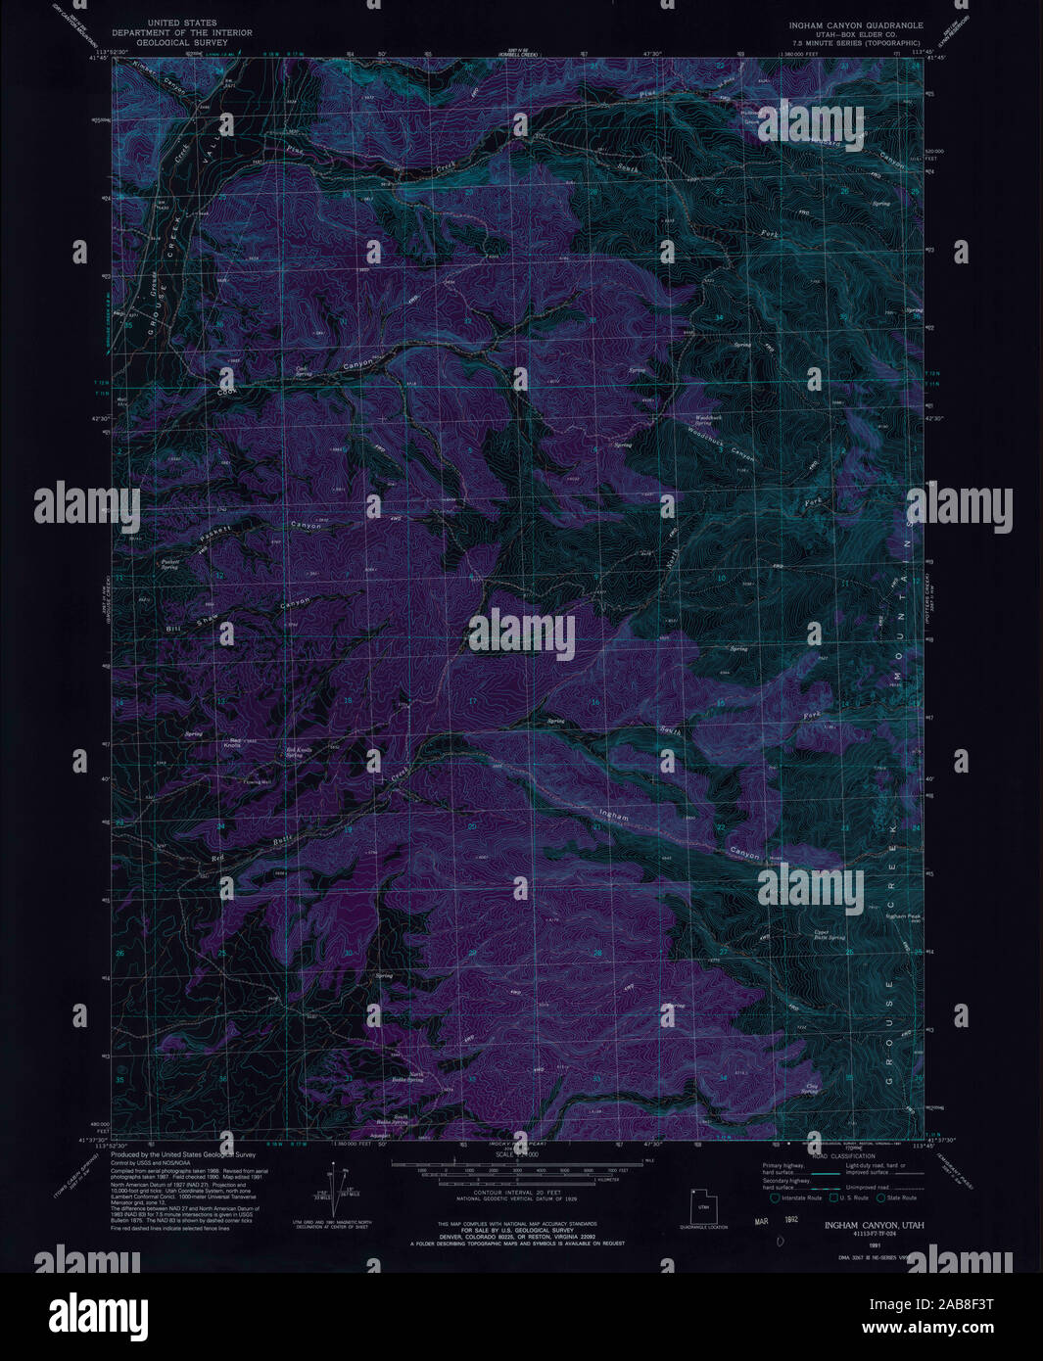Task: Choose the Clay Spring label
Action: pos(810,1088)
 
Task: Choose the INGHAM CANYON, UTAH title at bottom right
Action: pos(873,1225)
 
